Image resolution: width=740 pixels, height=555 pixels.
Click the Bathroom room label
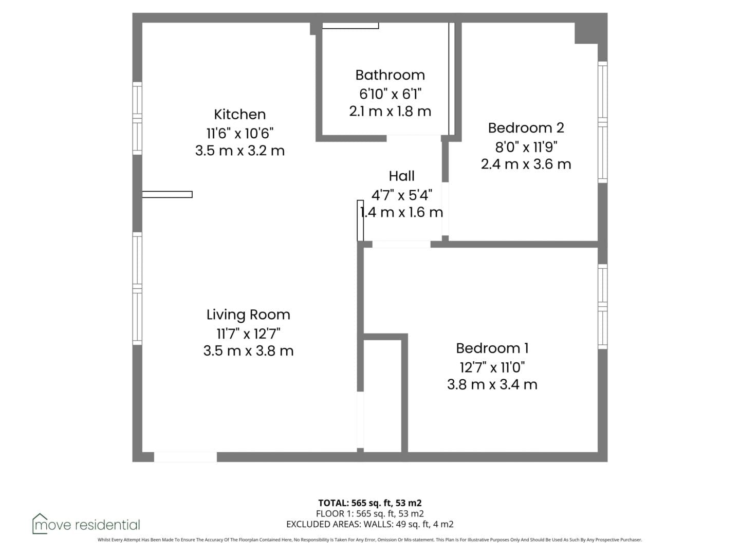390,75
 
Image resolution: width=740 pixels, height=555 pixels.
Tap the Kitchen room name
239,115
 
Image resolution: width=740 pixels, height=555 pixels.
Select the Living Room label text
248,314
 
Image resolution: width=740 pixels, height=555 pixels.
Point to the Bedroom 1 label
492,348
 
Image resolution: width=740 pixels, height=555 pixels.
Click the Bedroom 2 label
526,128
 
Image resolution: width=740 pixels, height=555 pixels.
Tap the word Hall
401,176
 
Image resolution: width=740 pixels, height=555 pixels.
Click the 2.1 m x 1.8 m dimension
390,112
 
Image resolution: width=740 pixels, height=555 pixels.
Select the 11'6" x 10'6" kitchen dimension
239,134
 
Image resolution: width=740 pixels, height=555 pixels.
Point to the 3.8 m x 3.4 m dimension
492,385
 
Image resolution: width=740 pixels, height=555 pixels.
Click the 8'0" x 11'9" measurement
526,147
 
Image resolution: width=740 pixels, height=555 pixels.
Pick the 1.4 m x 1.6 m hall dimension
401,213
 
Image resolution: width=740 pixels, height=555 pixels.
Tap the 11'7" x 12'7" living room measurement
248,334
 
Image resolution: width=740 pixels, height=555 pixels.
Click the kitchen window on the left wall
137,119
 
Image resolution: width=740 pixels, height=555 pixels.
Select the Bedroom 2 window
602,122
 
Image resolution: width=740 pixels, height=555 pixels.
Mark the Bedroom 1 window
602,307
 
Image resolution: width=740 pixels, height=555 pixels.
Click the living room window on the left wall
137,289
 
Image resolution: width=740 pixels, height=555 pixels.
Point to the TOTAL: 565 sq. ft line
370,503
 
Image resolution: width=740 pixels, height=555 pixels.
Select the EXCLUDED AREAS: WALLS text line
370,524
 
